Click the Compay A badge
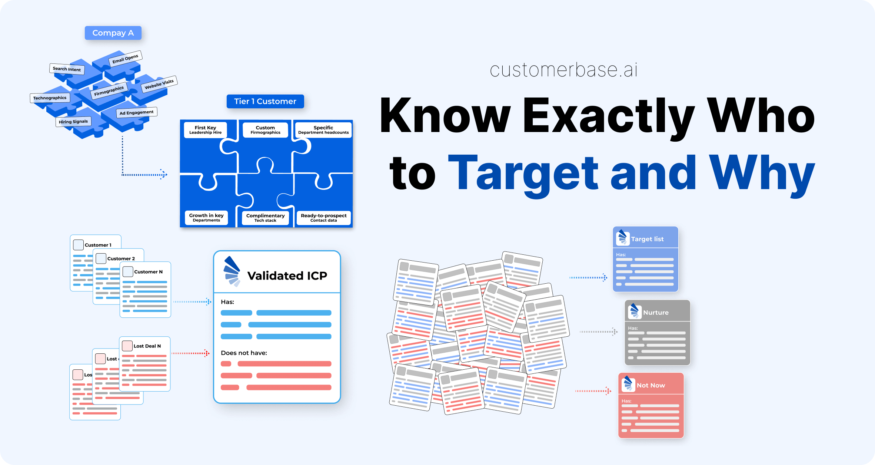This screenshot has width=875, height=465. pos(113,33)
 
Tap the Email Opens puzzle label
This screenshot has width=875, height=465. pos(125,59)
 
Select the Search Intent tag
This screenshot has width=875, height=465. pos(67,69)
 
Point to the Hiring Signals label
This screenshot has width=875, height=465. pos(73,122)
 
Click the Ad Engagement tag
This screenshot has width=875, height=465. pos(136,112)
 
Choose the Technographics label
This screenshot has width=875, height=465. pos(50,98)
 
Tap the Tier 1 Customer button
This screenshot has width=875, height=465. pos(265,101)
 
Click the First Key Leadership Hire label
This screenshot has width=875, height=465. pos(206,130)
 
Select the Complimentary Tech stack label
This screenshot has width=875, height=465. pos(265,218)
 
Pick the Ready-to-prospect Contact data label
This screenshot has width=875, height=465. pos(323,218)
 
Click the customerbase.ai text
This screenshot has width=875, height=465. pos(563,70)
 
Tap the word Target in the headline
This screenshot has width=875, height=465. pos(523,173)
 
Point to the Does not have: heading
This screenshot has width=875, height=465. pos(244,353)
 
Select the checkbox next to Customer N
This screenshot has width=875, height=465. pos(128,272)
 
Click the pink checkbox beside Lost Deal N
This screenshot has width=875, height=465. pos(127,346)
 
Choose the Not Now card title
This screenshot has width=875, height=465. pos(651,385)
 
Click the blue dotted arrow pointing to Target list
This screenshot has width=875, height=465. pos(588,277)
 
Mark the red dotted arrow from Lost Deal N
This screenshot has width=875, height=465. pos(190,353)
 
